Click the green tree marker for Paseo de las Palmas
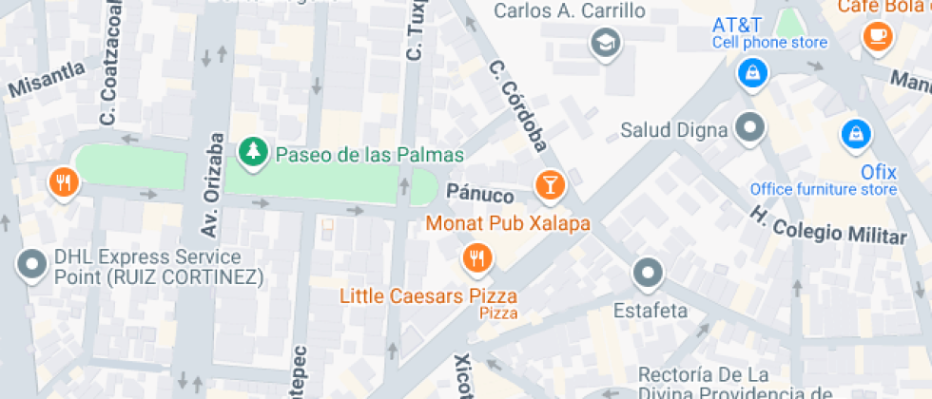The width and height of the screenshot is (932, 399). coord(252,151)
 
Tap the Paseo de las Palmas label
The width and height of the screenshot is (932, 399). coord(369,155)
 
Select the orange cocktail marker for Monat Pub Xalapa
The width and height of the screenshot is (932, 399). coord(550,184)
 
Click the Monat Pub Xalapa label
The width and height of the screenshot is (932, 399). coord(508,224)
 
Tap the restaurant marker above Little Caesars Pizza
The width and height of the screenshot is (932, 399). coord(476,256)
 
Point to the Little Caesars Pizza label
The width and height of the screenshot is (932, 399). coord(429,296)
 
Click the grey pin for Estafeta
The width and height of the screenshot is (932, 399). coord(649,274)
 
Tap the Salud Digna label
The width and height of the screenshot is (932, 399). coord(674,129)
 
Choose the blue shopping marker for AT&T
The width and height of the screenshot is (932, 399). coord(752,72)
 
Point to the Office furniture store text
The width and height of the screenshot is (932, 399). coord(824,189)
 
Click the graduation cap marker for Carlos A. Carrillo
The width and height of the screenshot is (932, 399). coord(603,41)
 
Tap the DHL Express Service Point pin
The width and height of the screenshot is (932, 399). coord(33,265)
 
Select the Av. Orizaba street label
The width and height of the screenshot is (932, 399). coord(214,167)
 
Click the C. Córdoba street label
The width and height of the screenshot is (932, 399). coord(519,105)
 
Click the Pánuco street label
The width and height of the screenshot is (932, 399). coord(480,196)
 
